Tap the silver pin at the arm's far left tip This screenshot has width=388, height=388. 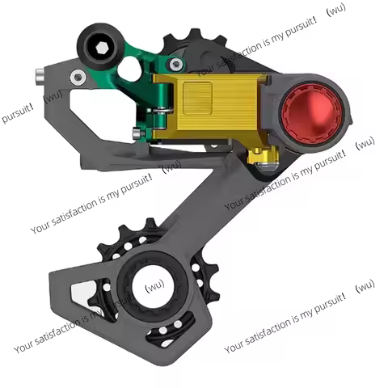39,77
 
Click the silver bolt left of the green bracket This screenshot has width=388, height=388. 78,77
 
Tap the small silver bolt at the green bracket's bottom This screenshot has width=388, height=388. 139,134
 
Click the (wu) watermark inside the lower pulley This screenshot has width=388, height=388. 155,287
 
